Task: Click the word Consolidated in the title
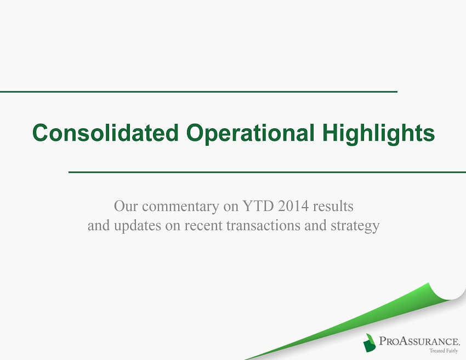(x=105, y=133)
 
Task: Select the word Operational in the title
(x=250, y=134)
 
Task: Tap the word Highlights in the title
(x=379, y=134)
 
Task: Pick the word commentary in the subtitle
(x=181, y=207)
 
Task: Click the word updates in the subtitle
(x=138, y=226)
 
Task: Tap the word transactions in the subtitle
(x=263, y=225)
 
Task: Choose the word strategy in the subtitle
(x=355, y=226)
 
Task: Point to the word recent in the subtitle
(x=203, y=226)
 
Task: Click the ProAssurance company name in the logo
(x=419, y=341)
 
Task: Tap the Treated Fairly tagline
(x=444, y=351)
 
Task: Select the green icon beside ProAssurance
(x=370, y=342)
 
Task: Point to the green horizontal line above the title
(x=198, y=92)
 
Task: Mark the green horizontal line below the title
(x=267, y=172)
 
